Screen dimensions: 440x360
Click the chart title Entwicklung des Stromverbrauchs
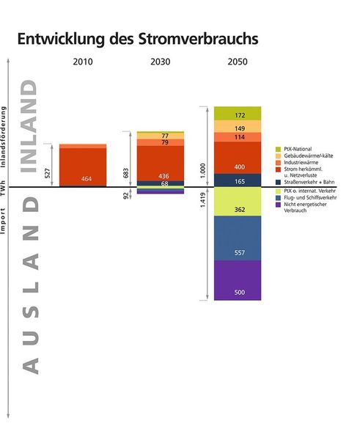point(138,37)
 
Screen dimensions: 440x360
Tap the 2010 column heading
point(83,62)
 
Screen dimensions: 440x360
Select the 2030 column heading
point(160,62)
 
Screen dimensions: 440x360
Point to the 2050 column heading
point(238,62)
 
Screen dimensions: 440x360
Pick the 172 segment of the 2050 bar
point(238,115)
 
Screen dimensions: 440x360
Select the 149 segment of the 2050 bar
point(238,128)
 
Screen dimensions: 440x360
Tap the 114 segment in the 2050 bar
point(238,137)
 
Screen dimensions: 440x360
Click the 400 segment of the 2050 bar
point(238,167)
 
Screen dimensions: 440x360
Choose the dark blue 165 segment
point(238,180)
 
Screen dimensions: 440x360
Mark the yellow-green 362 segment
point(238,210)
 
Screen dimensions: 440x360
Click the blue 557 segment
point(238,252)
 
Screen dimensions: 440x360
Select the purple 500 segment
point(238,292)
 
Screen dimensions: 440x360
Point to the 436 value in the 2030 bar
point(165,176)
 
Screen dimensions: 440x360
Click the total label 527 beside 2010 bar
point(48,175)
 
